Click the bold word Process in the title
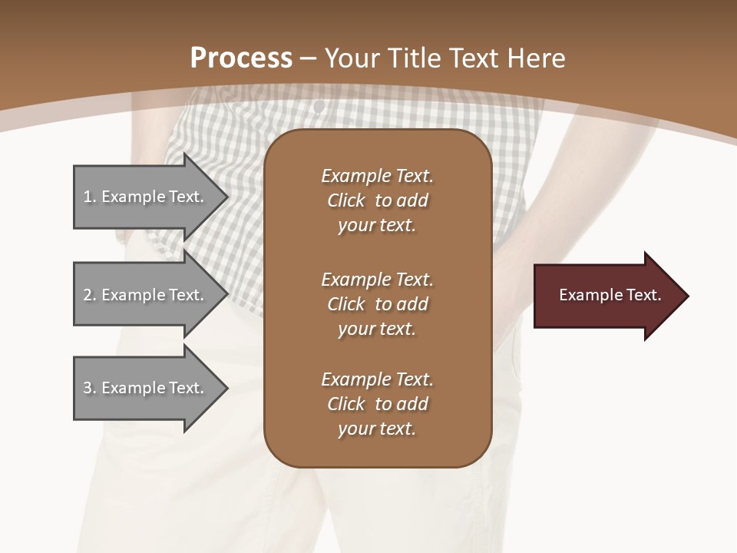pyautogui.click(x=241, y=58)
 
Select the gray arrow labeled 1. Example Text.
pyautogui.click(x=146, y=197)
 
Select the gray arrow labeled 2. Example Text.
pyautogui.click(x=146, y=295)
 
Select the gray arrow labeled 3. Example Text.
pyautogui.click(x=146, y=388)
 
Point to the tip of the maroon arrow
pyautogui.click(x=687, y=296)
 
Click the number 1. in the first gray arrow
pyautogui.click(x=90, y=197)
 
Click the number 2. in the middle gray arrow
pyautogui.click(x=90, y=295)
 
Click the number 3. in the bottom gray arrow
pyautogui.click(x=90, y=388)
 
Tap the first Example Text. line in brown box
pyautogui.click(x=377, y=176)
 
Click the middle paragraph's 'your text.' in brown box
pyautogui.click(x=377, y=329)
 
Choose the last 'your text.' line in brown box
pyautogui.click(x=377, y=429)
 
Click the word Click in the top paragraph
pyautogui.click(x=346, y=200)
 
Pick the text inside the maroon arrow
pyautogui.click(x=610, y=295)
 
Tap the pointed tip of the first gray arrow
pyautogui.click(x=227, y=197)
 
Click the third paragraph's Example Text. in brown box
pyautogui.click(x=377, y=379)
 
